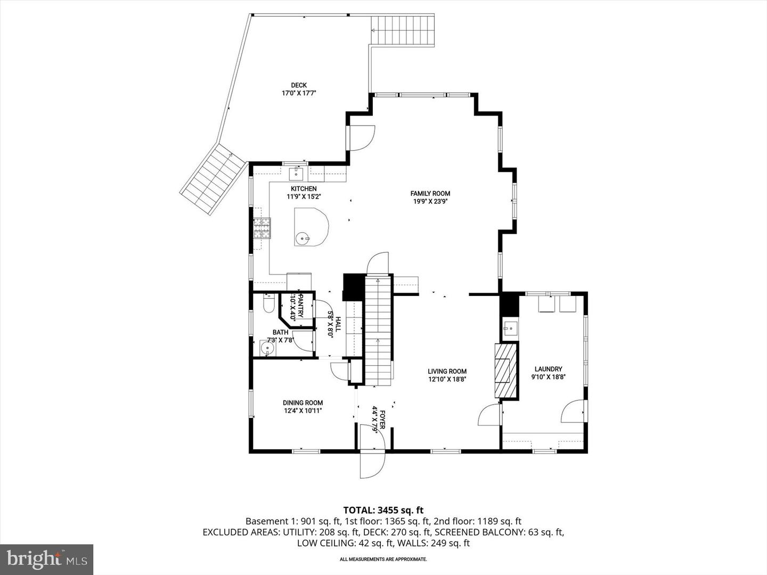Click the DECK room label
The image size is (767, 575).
(298, 85)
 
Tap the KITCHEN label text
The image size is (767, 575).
(304, 189)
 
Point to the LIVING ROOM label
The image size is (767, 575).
(447, 372)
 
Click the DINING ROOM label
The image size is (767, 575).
(303, 403)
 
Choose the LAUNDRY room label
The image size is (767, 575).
(548, 369)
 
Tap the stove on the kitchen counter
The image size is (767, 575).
(262, 229)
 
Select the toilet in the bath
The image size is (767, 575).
(269, 304)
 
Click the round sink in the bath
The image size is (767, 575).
(268, 349)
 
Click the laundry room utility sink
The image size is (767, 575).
(510, 328)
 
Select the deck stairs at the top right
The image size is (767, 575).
(403, 31)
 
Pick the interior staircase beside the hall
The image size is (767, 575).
(378, 330)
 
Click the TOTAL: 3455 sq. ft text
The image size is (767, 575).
(383, 511)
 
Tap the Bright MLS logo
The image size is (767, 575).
(47, 559)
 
